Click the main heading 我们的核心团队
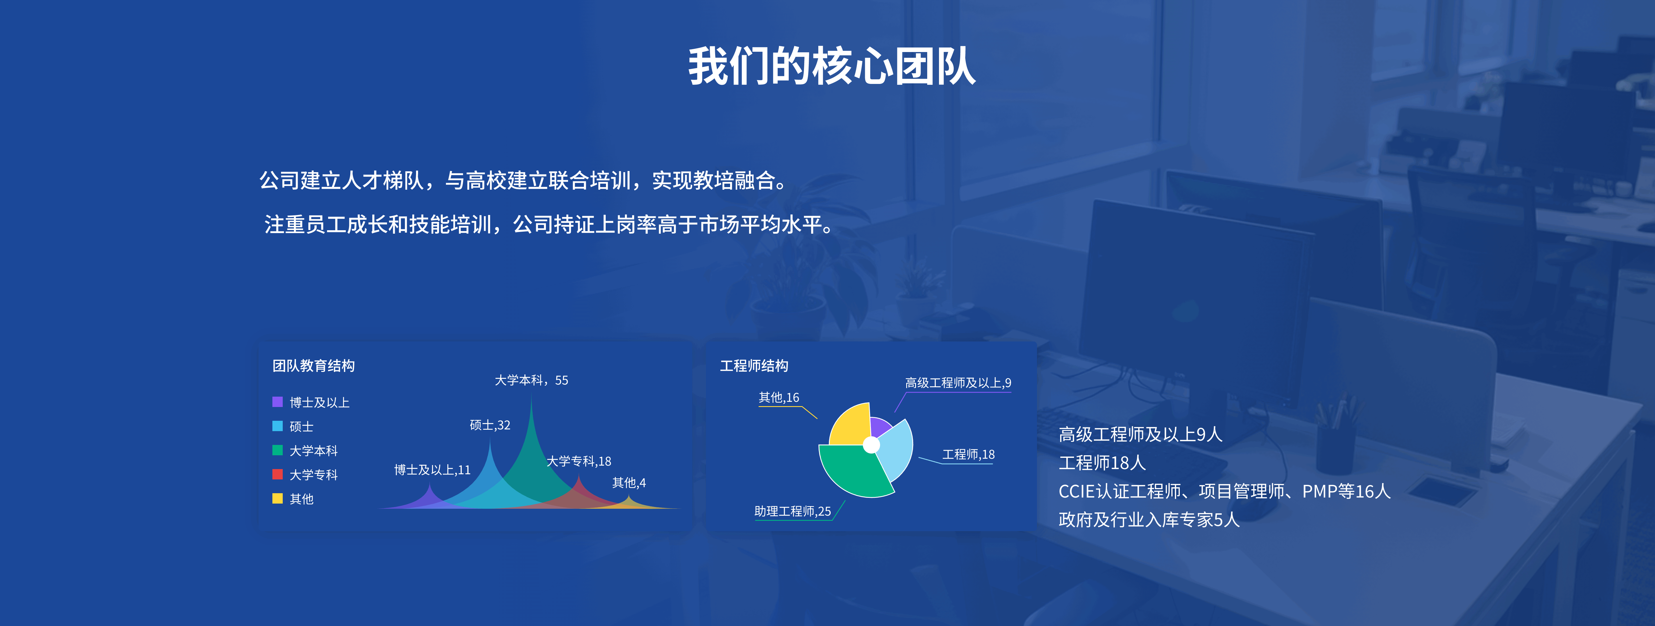coord(832,66)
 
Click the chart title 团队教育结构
coord(313,366)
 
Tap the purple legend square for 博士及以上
coord(278,402)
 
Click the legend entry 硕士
coord(301,426)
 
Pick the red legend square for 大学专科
coord(278,474)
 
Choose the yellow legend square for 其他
coord(278,498)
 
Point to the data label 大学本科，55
coord(531,380)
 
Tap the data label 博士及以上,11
coord(432,470)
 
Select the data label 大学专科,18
coord(579,461)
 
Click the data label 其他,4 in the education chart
coord(629,483)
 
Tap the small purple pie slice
coord(880,426)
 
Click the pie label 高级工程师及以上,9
coord(958,383)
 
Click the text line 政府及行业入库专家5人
coord(1149,519)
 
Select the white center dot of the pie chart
coord(871,445)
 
